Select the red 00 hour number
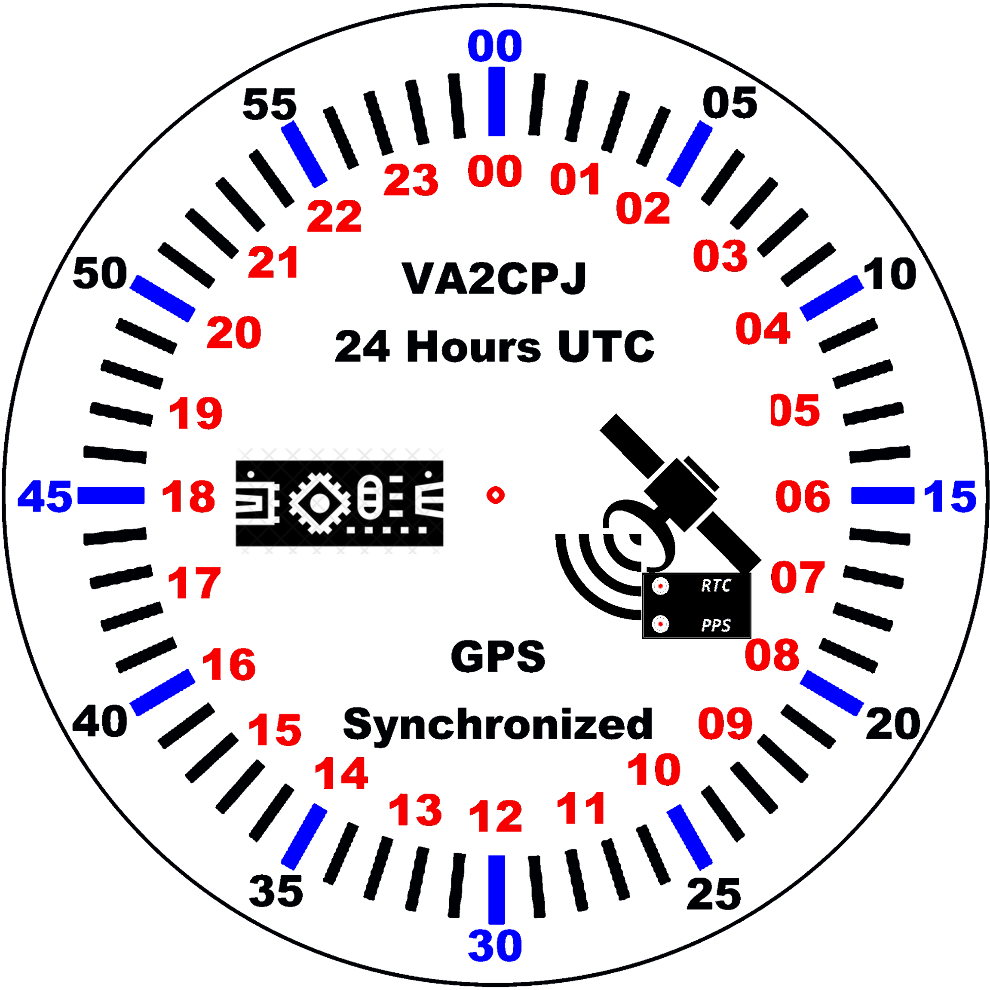pos(495,171)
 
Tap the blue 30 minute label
pos(495,945)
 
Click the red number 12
pos(496,816)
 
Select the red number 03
pos(720,255)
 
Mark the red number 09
pos(725,723)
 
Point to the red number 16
pos(229,664)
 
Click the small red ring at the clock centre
pos(496,495)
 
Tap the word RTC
pos(715,585)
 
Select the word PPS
pos(715,625)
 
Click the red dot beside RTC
pos(661,585)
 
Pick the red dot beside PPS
pos(661,624)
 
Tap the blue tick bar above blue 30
pos(496,889)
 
